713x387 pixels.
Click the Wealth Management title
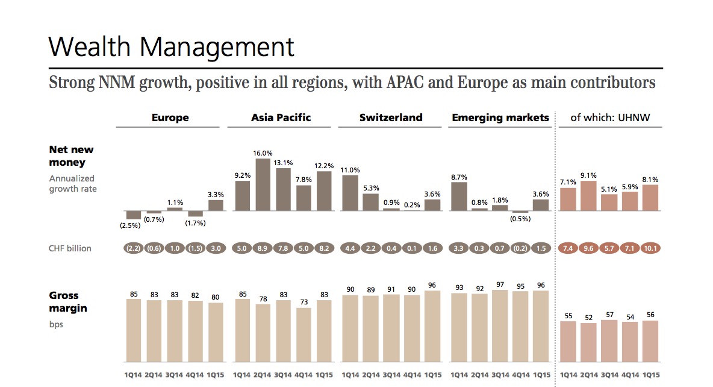click(171, 47)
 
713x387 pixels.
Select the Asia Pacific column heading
click(281, 118)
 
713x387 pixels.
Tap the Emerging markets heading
click(500, 118)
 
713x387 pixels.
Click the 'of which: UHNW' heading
click(609, 118)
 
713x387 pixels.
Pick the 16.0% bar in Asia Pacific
click(263, 184)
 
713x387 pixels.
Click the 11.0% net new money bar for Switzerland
click(350, 192)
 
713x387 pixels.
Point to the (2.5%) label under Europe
click(129, 226)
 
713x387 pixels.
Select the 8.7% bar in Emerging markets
click(459, 196)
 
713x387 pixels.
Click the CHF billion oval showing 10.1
click(650, 248)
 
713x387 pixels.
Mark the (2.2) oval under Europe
click(133, 248)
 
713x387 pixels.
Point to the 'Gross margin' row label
click(67, 302)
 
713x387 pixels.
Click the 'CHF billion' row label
click(70, 248)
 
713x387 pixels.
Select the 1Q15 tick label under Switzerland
click(432, 375)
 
